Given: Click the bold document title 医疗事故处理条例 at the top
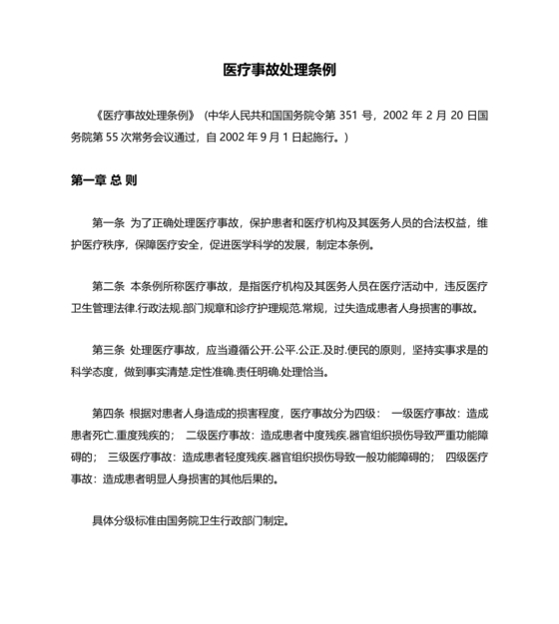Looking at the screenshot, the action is (x=279, y=72).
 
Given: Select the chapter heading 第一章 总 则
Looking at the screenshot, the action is (x=104, y=181).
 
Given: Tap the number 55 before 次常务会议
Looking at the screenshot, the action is (x=118, y=137).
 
